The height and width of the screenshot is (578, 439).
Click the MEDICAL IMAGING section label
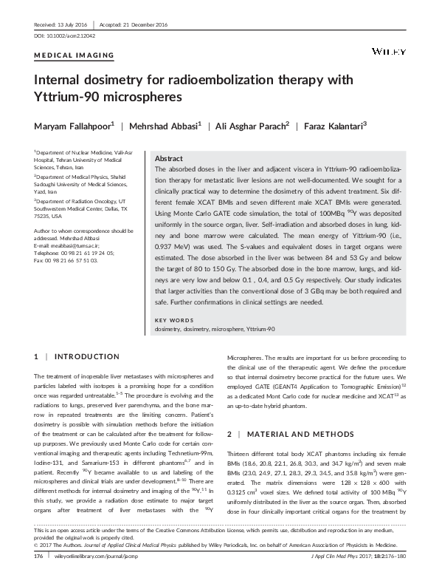pos(75,55)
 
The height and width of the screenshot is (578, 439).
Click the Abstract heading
pos(169,159)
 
